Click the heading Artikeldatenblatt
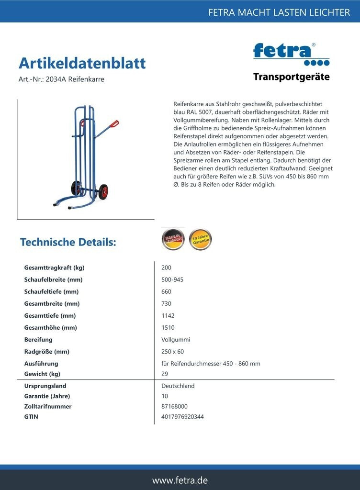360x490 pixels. coord(82,63)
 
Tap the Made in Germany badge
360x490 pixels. coord(173,239)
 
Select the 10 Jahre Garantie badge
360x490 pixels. coord(200,239)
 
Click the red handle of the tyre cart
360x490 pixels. coord(114,124)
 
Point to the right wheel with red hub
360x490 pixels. coord(103,191)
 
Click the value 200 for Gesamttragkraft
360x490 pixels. coord(167,267)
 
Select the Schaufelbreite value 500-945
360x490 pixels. coord(172,279)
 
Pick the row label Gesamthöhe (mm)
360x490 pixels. coord(50,328)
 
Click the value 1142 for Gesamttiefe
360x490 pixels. coord(168,316)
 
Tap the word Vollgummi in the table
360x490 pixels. coord(176,340)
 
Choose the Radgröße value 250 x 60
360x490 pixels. coord(173,352)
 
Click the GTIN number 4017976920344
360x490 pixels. coord(182,417)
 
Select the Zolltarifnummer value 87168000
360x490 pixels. coord(174,406)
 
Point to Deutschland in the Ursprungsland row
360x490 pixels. coord(178,386)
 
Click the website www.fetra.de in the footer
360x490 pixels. coord(180,480)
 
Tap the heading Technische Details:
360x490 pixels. coord(68,242)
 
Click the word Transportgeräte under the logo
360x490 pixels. coord(291,77)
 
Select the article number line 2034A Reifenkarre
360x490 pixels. coord(61,79)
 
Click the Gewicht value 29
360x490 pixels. coord(165,374)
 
